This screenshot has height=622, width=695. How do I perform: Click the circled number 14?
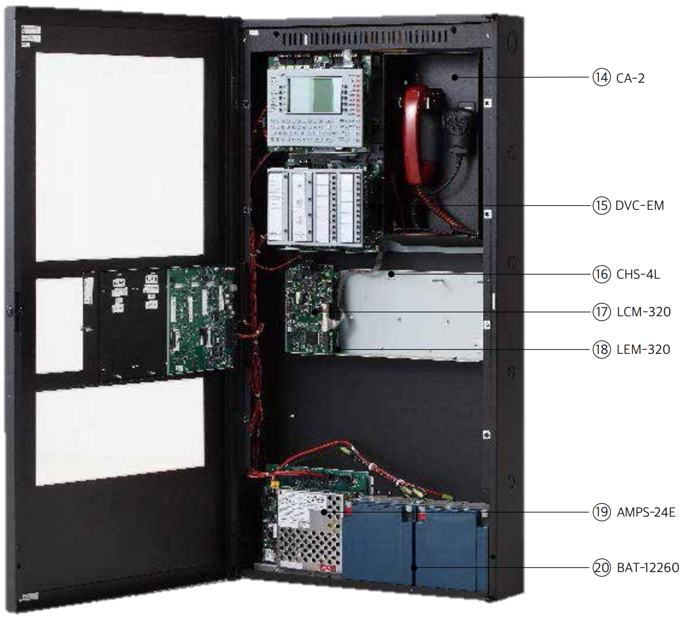[602, 78]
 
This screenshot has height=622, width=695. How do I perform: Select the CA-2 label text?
[630, 78]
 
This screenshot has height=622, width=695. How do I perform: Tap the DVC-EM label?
[640, 205]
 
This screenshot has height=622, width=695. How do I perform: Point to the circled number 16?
[602, 274]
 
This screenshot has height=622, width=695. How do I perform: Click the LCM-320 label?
[644, 312]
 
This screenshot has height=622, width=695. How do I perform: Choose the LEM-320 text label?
[643, 349]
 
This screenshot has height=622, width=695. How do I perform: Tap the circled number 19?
[602, 512]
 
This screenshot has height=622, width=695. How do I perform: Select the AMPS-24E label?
[646, 512]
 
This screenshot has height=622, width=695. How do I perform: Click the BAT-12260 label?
[648, 568]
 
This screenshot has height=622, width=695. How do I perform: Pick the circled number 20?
[602, 568]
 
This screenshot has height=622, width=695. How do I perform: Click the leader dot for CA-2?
[455, 77]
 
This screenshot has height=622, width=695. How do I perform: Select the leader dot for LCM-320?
[315, 312]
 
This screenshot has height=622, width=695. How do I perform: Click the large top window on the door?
[120, 156]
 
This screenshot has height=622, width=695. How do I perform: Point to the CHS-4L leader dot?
[391, 274]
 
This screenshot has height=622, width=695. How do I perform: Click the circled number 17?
[602, 312]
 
